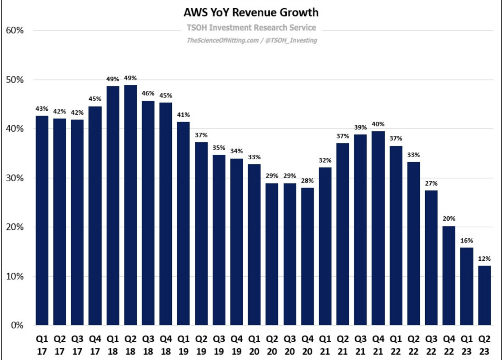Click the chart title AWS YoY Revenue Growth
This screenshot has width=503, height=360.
coord(251,13)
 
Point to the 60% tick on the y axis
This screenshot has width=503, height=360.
coord(15,31)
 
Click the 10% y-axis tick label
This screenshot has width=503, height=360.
coord(15,276)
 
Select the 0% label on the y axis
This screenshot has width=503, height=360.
coord(17,325)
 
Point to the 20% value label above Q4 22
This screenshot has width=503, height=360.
coord(448,219)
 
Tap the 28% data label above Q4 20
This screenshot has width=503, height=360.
coord(307,180)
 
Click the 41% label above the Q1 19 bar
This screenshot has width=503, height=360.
coord(184,115)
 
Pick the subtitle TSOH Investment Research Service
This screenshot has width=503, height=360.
coord(251,28)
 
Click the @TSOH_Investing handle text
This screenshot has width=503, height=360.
coord(292,40)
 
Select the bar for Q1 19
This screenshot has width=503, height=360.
coord(184,223)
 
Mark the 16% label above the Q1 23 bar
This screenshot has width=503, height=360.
coord(466,240)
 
